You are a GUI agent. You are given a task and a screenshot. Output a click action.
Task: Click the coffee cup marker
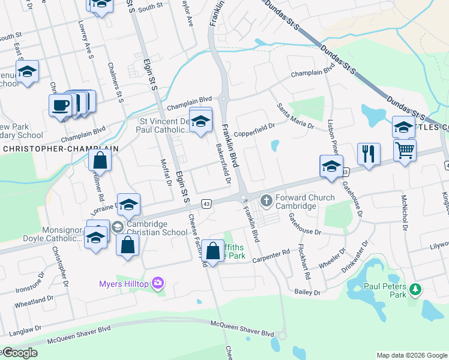point(60,106)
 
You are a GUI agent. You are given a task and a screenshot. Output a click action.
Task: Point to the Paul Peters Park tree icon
point(415,290)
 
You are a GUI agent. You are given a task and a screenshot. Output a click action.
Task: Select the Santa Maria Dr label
point(295,116)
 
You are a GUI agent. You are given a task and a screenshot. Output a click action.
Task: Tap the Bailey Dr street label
point(308,292)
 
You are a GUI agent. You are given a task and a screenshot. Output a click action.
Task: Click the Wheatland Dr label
point(34,299)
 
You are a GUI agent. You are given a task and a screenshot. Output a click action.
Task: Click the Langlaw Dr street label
point(24,330)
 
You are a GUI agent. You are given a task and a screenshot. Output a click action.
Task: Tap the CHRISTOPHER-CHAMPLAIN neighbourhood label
point(59,148)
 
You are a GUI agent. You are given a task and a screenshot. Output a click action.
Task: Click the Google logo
point(19,353)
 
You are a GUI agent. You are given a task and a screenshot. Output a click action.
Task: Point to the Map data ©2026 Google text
point(411,355)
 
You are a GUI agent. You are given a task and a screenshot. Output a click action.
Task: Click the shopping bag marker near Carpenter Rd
point(212,251)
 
